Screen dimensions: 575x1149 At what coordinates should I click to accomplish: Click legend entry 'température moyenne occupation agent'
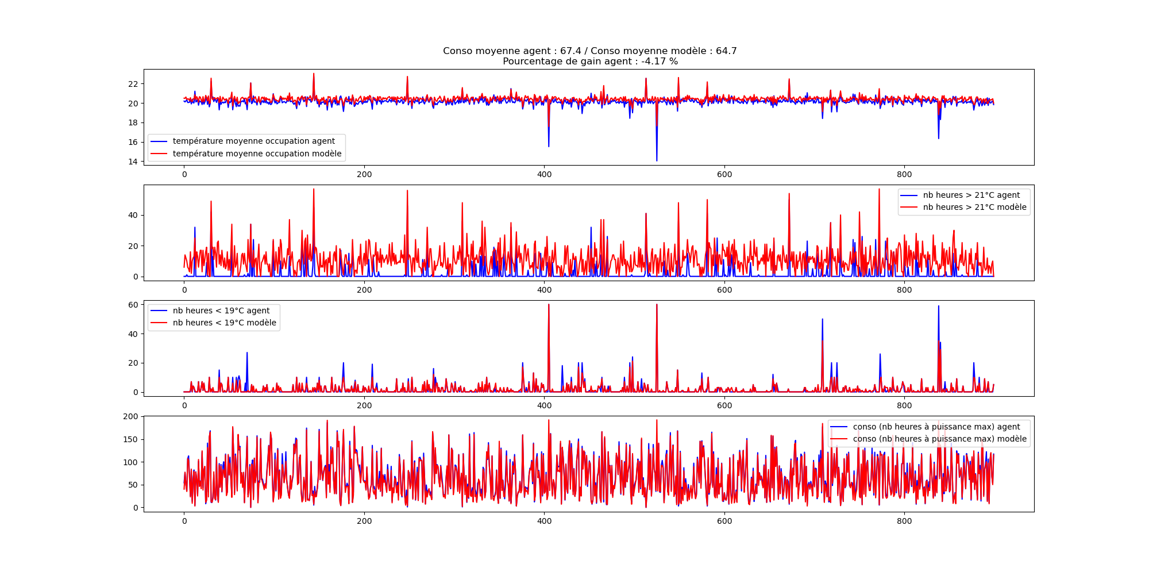pyautogui.click(x=253, y=141)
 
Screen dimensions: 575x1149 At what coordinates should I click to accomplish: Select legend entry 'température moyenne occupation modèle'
pyautogui.click(x=257, y=154)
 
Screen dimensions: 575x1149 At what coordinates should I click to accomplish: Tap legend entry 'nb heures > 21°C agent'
pyautogui.click(x=971, y=195)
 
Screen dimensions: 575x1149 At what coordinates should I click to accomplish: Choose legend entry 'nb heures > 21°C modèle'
pyautogui.click(x=974, y=208)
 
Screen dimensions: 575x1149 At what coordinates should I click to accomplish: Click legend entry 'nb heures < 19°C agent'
pyautogui.click(x=221, y=311)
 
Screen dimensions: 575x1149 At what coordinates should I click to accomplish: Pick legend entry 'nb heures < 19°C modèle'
pyautogui.click(x=224, y=323)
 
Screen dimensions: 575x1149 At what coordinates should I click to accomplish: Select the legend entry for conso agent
pyautogui.click(x=936, y=427)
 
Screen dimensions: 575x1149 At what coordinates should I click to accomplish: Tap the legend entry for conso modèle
pyautogui.click(x=939, y=439)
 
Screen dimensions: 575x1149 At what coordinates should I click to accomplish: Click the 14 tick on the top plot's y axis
pyautogui.click(x=133, y=162)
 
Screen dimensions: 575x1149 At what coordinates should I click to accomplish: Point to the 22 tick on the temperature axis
pyautogui.click(x=133, y=84)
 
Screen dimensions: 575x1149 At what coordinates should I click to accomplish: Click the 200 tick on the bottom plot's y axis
pyautogui.click(x=131, y=416)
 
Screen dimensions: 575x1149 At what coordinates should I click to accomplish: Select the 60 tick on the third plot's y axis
pyautogui.click(x=133, y=305)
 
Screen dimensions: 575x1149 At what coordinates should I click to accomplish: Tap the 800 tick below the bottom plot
pyautogui.click(x=904, y=521)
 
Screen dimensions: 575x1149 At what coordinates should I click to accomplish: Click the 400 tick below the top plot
pyautogui.click(x=544, y=174)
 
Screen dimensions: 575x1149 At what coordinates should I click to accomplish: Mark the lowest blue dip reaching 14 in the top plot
pyautogui.click(x=657, y=160)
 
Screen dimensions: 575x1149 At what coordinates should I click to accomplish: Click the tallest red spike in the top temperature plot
pyautogui.click(x=314, y=74)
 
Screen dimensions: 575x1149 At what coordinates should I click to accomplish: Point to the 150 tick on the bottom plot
pyautogui.click(x=131, y=439)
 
